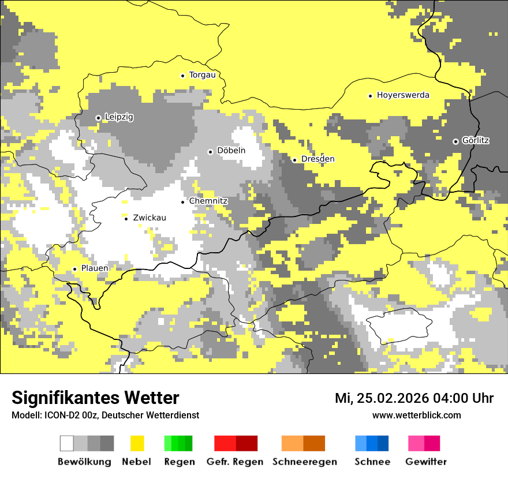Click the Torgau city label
[x=202, y=75]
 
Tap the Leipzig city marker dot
[x=98, y=118]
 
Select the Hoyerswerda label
[x=403, y=95]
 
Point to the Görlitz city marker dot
[x=455, y=141]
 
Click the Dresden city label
[x=317, y=159]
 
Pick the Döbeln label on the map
[x=231, y=151]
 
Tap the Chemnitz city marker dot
[x=182, y=202]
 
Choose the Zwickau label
[x=150, y=218]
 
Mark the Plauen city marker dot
[x=74, y=269]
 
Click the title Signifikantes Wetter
[x=95, y=398]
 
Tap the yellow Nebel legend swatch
[x=137, y=443]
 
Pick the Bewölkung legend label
[x=84, y=462]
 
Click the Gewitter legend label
[x=426, y=462]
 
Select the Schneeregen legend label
[x=305, y=462]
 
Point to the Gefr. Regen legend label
[x=234, y=462]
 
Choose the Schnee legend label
[x=372, y=462]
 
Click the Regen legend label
[x=179, y=462]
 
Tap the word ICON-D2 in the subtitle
[x=59, y=416]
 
